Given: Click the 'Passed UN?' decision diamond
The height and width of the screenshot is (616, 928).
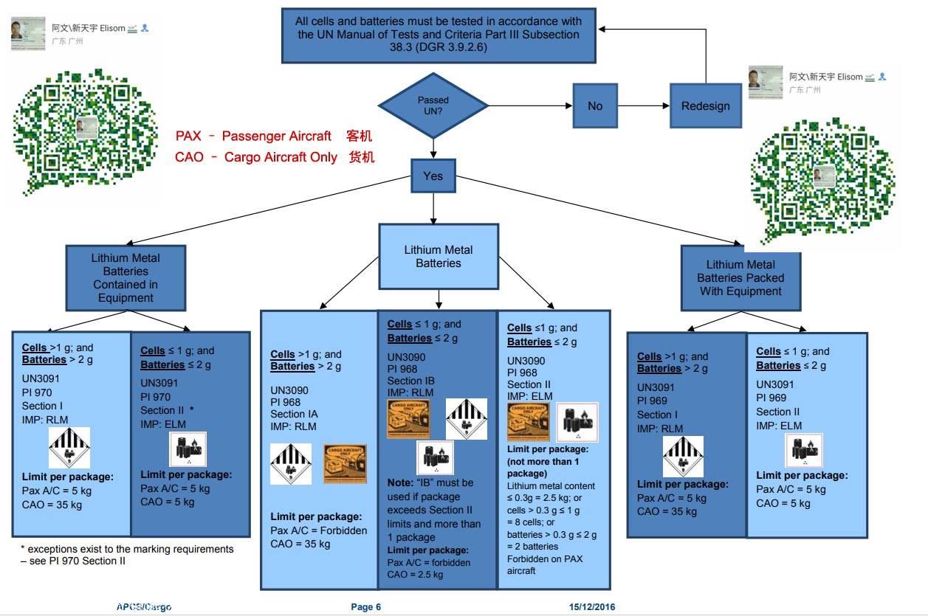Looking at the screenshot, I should tap(433, 105).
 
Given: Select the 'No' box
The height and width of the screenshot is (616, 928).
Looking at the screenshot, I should tap(595, 105).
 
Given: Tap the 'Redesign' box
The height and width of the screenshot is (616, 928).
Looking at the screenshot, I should tap(705, 105).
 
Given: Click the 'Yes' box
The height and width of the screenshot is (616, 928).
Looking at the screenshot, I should tap(433, 176).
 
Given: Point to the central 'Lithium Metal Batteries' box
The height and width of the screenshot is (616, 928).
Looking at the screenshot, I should tap(438, 257).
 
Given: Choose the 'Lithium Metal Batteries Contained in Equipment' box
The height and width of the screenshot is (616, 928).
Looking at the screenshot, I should tap(126, 277).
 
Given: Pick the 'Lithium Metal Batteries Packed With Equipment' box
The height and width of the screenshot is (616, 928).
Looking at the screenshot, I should tap(740, 277).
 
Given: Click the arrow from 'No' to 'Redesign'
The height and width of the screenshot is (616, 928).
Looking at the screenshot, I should tap(643, 105).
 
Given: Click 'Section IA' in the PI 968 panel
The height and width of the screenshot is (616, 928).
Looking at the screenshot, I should tap(294, 415).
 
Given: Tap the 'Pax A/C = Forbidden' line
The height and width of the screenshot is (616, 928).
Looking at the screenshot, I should tap(318, 530).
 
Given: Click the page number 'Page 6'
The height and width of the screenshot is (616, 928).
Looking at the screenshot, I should tap(366, 607).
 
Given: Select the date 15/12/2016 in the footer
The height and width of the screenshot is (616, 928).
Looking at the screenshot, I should tap(592, 607).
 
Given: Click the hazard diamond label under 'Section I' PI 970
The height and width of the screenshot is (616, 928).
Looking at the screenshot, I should tap(69, 448).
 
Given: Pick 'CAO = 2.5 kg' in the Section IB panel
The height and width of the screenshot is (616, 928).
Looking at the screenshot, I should tap(415, 575).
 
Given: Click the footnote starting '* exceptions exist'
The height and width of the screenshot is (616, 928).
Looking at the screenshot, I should tap(127, 555).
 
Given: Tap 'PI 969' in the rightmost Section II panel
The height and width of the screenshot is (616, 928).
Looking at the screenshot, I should tap(772, 398).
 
